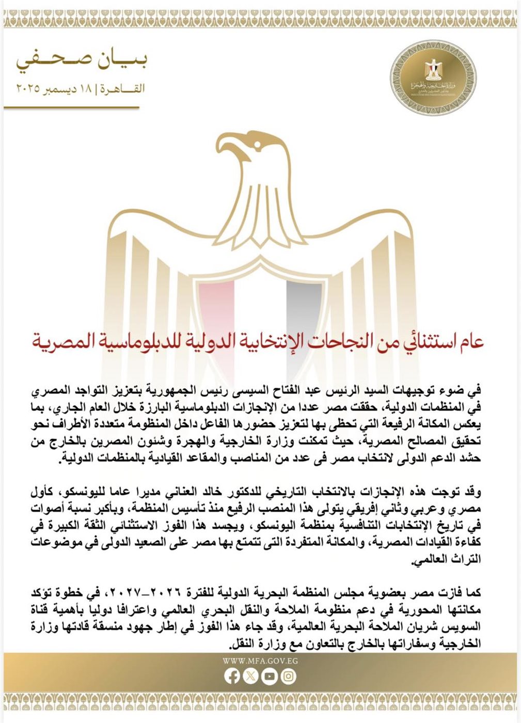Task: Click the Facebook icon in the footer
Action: [232, 677]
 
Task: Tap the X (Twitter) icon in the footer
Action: [251, 677]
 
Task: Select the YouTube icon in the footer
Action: [270, 677]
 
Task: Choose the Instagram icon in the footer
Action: [289, 677]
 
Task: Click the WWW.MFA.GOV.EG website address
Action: [260, 661]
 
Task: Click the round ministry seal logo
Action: [427, 77]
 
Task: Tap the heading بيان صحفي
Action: [81, 60]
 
